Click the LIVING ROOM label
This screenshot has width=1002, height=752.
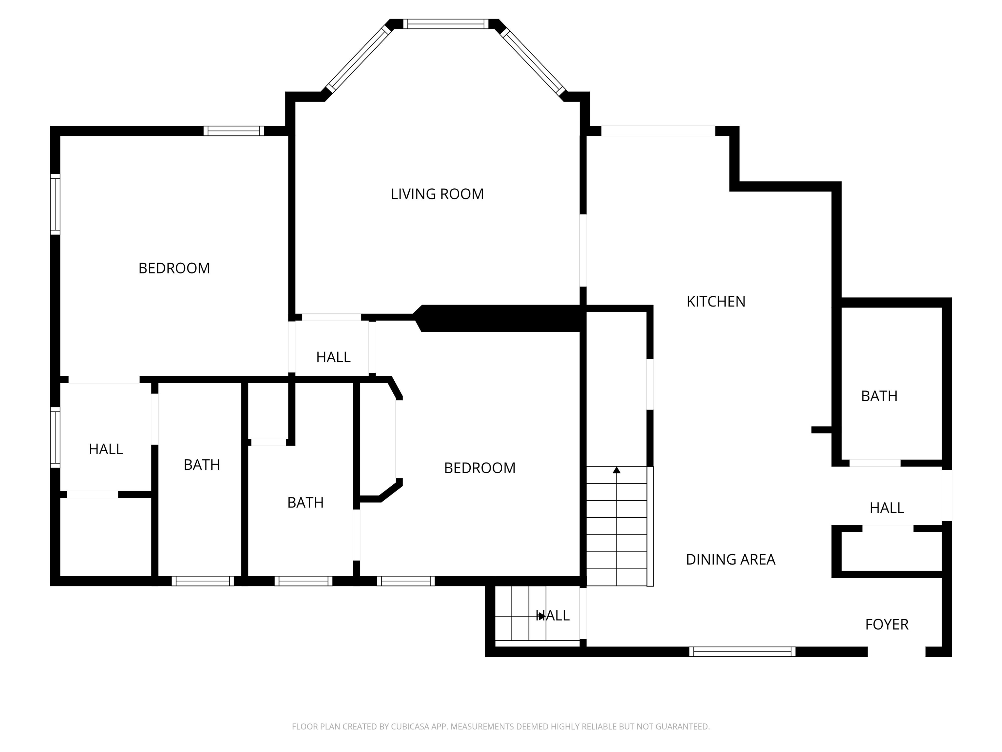click(437, 194)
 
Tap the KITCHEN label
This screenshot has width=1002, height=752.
click(716, 302)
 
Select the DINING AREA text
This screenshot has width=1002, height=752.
click(730, 559)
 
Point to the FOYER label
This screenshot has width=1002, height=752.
click(887, 624)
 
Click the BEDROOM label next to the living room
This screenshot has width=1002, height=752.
click(174, 268)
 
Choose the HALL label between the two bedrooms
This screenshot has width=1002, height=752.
click(333, 357)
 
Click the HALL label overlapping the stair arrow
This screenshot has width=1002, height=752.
click(553, 615)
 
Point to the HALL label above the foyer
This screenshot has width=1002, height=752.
click(887, 508)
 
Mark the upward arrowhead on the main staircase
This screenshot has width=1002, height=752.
click(616, 470)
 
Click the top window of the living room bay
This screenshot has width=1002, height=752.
click(446, 24)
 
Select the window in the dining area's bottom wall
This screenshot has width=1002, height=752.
click(742, 652)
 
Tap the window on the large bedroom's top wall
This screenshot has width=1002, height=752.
click(234, 131)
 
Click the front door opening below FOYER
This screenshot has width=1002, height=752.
click(896, 652)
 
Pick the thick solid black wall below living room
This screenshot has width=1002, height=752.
click(498, 318)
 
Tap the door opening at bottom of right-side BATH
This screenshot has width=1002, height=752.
click(875, 463)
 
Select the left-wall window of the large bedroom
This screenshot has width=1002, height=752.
click(55, 204)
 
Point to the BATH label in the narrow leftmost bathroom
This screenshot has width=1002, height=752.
click(202, 465)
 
